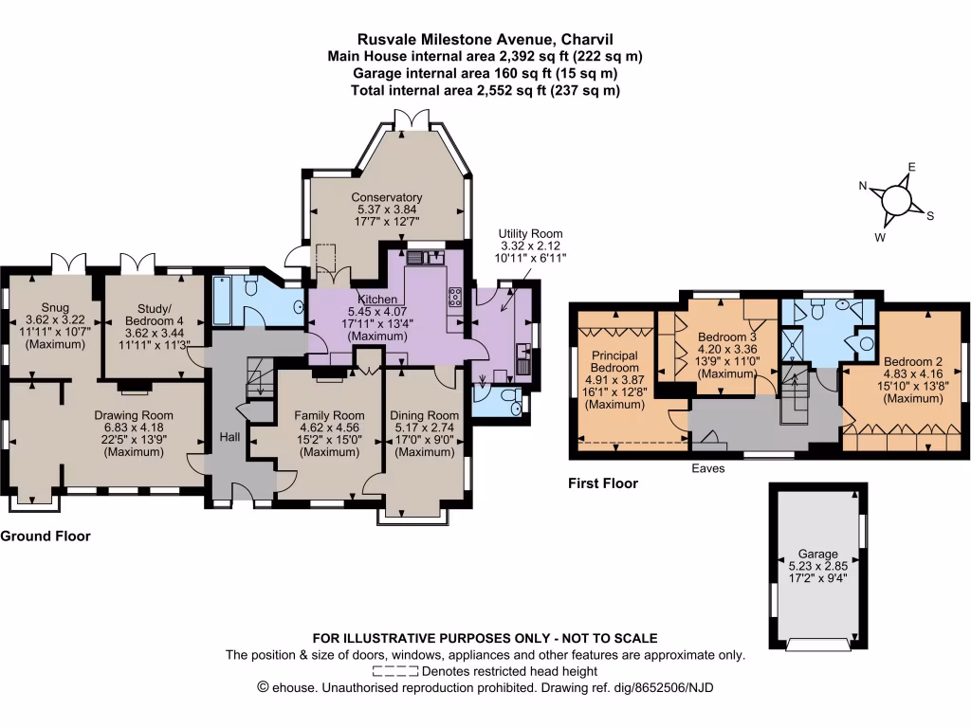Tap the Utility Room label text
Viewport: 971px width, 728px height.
(531, 233)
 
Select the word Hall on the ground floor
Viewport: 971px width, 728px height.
(229, 437)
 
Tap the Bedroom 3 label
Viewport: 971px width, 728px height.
(726, 337)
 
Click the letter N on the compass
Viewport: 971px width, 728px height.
(864, 187)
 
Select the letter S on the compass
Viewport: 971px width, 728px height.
(930, 215)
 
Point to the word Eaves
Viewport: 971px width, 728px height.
(706, 468)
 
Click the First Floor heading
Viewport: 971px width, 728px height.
(603, 483)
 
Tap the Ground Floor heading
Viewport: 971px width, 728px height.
(46, 536)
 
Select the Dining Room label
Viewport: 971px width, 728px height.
(424, 415)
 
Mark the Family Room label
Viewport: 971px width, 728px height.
(329, 415)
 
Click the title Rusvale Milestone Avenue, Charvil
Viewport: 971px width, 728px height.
(485, 40)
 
